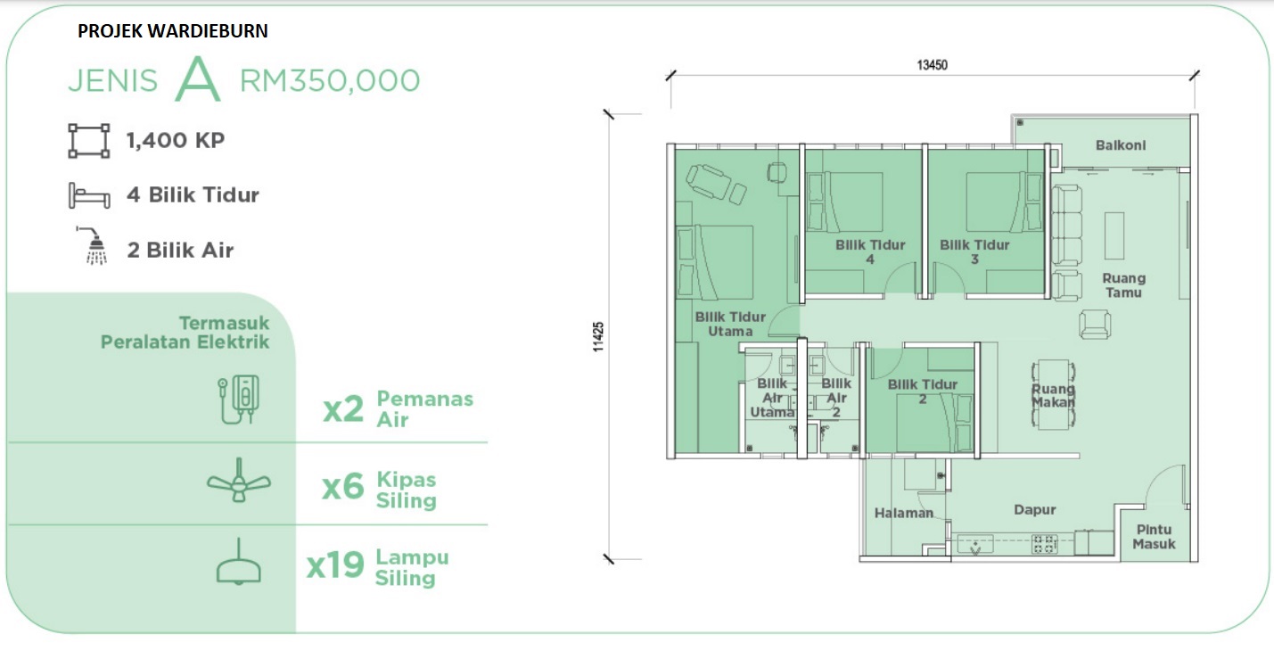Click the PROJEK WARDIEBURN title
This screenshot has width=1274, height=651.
(172, 30)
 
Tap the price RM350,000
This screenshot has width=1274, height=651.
(330, 80)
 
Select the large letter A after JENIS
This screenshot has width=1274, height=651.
(197, 78)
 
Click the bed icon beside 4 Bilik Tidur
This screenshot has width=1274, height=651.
(89, 195)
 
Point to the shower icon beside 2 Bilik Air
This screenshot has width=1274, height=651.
(93, 246)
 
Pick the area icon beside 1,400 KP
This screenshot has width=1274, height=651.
(89, 141)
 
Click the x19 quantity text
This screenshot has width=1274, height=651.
(335, 565)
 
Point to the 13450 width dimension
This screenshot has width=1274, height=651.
(933, 65)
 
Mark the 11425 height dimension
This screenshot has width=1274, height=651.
(598, 337)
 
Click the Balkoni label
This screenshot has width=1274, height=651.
(1121, 145)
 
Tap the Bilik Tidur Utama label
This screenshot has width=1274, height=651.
(730, 324)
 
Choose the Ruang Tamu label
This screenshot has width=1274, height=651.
(1124, 285)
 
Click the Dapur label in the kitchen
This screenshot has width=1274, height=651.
(1034, 510)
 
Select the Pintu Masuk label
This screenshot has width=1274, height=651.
(1154, 537)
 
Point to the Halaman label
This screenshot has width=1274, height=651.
(904, 514)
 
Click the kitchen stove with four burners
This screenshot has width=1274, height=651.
(1045, 544)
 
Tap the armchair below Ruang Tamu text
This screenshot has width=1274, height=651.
(1095, 325)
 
